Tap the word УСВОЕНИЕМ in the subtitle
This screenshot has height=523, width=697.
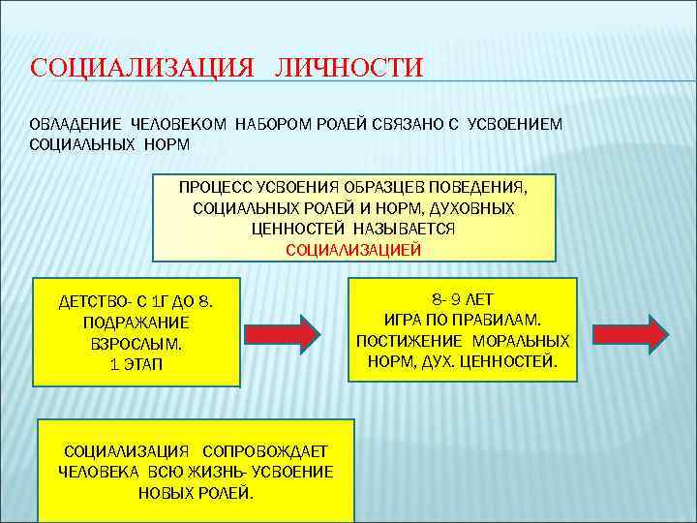(514, 125)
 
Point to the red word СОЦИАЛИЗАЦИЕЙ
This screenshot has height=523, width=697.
(353, 249)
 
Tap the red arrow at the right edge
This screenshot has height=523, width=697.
(639, 333)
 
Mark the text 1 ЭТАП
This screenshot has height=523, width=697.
(137, 364)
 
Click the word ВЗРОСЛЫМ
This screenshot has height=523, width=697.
(137, 344)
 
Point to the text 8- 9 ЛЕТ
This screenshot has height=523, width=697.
(462, 299)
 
